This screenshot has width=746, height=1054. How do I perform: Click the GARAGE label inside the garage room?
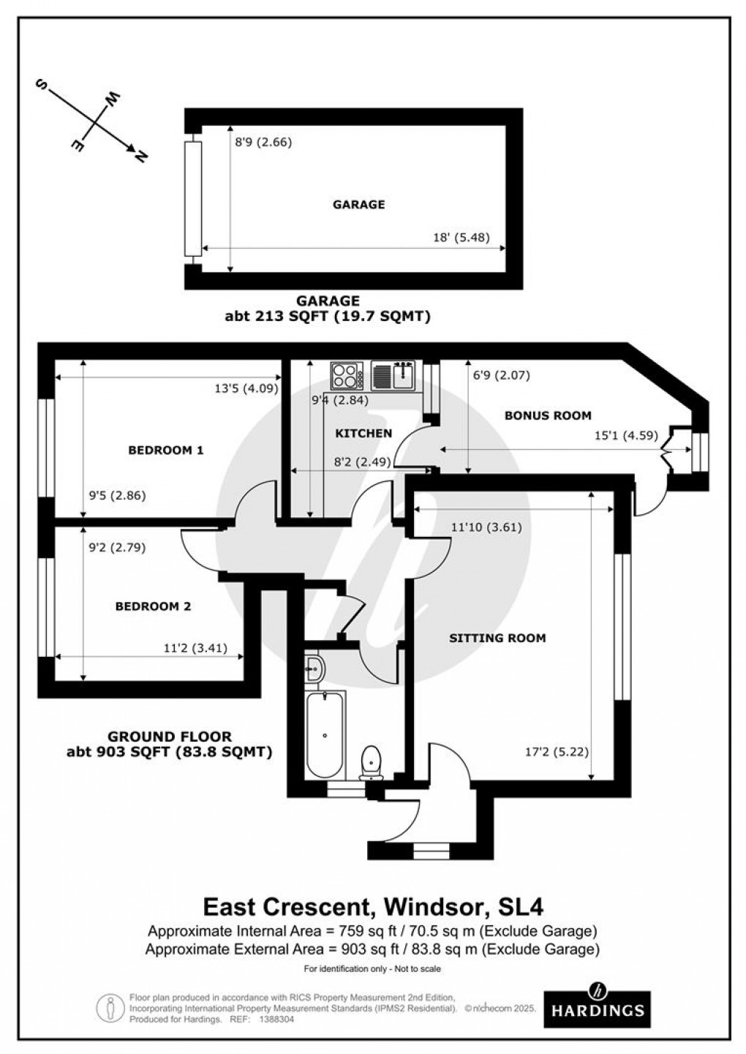pos(358,205)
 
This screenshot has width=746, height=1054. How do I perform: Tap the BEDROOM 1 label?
pos(165,451)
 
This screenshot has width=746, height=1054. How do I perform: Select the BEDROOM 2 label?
pos(153,606)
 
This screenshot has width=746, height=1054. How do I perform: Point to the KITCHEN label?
pos(363,434)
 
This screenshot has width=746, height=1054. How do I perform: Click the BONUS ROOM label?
pos(548,415)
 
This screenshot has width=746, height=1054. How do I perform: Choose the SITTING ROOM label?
pos(497,638)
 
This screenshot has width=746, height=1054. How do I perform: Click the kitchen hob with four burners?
pos(347,376)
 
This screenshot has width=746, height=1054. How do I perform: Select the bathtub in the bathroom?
pos(324,735)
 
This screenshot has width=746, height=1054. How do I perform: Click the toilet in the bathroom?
pos(372,761)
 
